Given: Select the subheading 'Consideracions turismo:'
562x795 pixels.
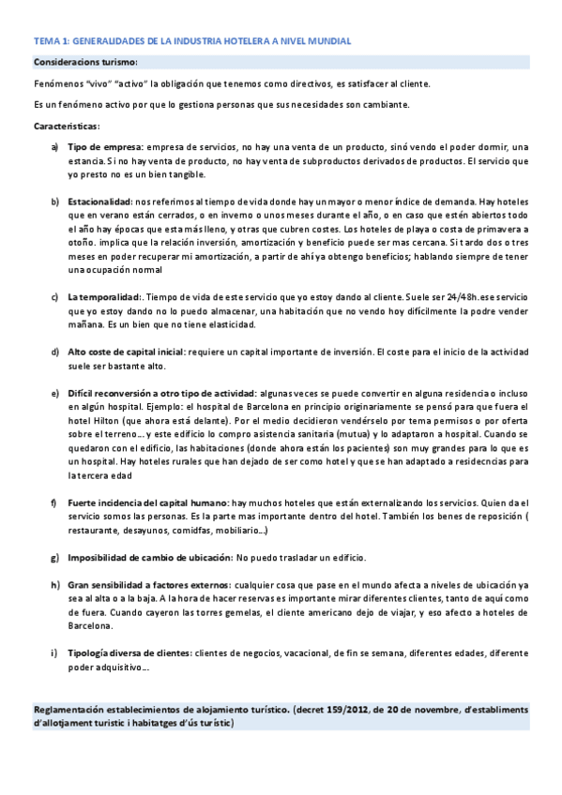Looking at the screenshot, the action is pyautogui.click(x=85, y=62).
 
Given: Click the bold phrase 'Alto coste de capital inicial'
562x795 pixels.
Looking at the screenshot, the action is pyautogui.click(x=127, y=352).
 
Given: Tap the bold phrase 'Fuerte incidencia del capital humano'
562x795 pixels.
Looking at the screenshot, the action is pyautogui.click(x=148, y=503).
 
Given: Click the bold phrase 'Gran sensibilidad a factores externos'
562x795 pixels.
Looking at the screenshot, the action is pyautogui.click(x=149, y=584).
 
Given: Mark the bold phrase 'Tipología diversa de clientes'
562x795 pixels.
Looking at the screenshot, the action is pyautogui.click(x=129, y=652).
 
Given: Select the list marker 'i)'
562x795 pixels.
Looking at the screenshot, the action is pyautogui.click(x=54, y=652).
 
